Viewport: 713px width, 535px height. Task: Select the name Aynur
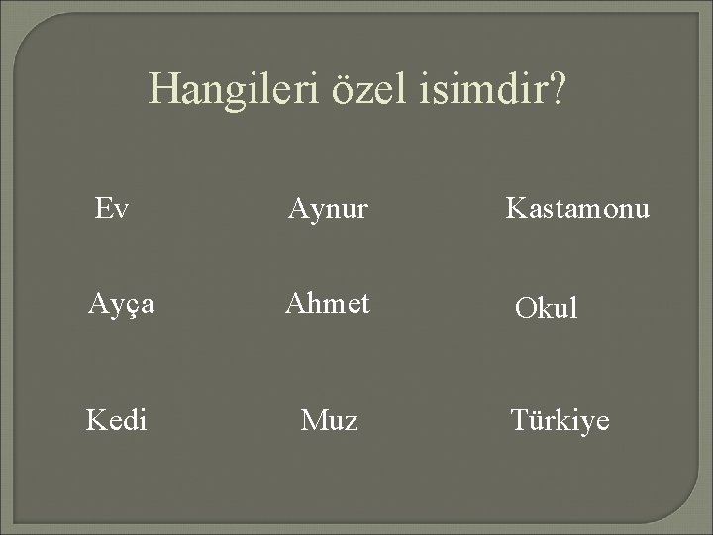tap(328, 209)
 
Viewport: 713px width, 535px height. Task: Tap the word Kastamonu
tap(578, 209)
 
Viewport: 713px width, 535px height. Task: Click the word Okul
tap(546, 309)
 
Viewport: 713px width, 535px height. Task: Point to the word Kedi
tap(117, 421)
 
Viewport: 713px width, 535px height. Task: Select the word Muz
tap(330, 421)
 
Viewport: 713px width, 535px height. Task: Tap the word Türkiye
tap(560, 421)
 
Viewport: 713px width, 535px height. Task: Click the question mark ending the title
tap(559, 91)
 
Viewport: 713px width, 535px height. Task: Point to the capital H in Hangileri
tap(162, 91)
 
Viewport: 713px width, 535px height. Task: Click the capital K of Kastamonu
tap(516, 209)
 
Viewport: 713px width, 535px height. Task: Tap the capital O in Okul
tap(525, 309)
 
